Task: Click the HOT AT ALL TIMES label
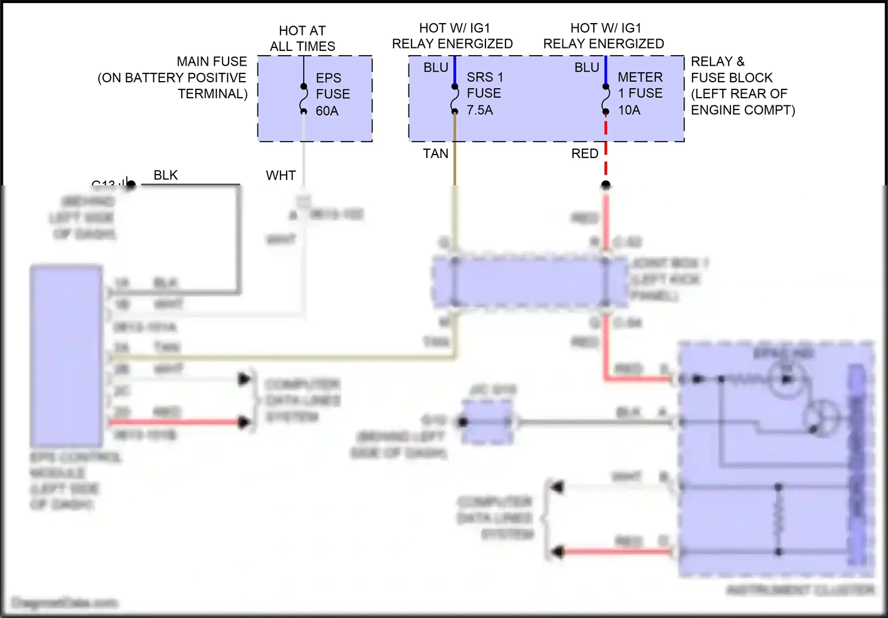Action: pos(302,38)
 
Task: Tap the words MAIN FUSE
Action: pos(212,62)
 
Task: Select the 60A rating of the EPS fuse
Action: pos(327,111)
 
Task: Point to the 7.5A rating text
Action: pos(480,110)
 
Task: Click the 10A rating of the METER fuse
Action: pos(629,110)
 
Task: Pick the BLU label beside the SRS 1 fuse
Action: pos(436,68)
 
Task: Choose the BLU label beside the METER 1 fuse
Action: pos(587,68)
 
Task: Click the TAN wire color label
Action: pos(436,154)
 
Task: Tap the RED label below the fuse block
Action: pos(585,154)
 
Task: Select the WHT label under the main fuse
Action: pos(281,176)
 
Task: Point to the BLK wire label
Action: pos(166,175)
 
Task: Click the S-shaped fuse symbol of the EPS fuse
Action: pos(304,99)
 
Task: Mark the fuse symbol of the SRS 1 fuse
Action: pos(455,99)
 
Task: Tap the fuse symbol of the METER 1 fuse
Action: pos(606,99)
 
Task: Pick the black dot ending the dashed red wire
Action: pos(606,185)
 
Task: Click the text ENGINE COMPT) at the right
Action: pos(743,110)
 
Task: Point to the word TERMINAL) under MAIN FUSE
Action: pos(213,94)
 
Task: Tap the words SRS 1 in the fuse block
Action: pos(485,78)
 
